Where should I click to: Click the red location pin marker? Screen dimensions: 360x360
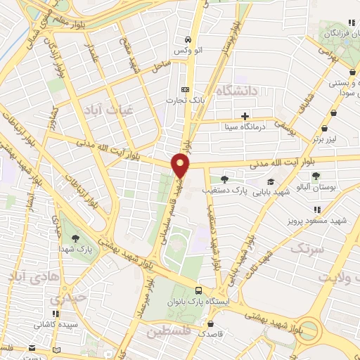click(181, 164)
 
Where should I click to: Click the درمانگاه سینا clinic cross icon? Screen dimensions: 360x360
click(245, 116)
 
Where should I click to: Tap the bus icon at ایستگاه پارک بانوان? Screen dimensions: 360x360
click(199, 290)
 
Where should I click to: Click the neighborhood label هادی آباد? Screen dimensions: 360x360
click(30, 277)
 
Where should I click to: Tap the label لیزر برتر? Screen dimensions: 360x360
click(327, 139)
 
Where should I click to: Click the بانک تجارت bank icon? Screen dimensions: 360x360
click(186, 89)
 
